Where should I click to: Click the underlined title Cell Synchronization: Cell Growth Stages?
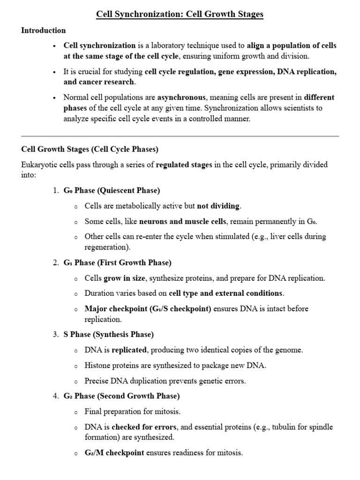180,14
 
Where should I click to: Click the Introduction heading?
44,30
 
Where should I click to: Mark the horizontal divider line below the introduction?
180,136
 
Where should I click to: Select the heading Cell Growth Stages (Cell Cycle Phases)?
90,150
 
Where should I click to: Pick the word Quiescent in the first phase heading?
118,191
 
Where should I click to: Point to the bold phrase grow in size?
124,278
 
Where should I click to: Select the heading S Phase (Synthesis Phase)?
108,335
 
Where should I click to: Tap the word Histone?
97,366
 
